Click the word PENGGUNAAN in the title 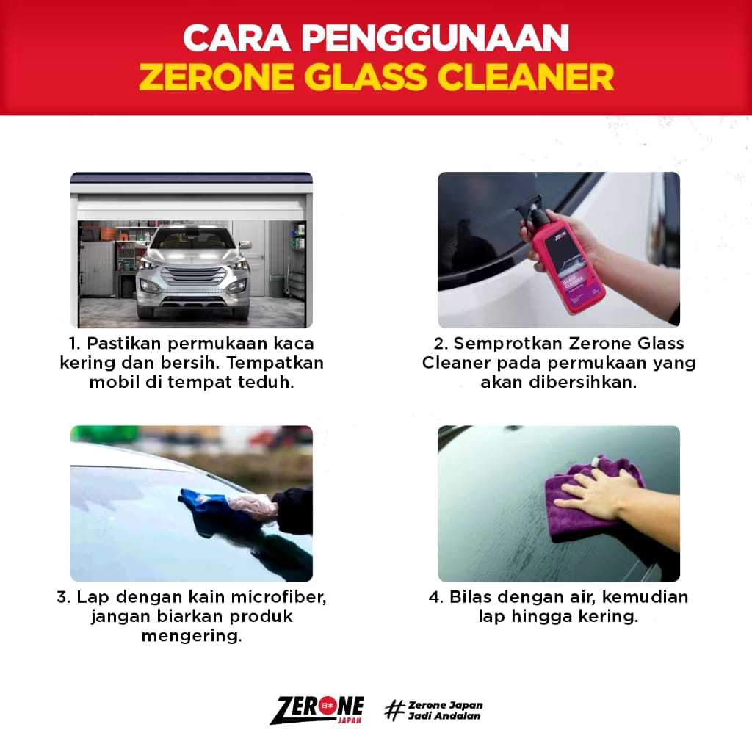(x=435, y=38)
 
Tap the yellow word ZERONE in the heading (x=217, y=77)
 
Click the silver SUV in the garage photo (x=193, y=272)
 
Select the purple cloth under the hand (x=593, y=499)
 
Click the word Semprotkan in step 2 (x=508, y=344)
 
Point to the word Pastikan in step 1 (x=124, y=344)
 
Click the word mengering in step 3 (x=192, y=637)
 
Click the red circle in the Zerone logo (x=328, y=706)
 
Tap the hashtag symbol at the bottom (x=394, y=710)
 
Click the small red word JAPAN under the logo (x=349, y=720)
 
